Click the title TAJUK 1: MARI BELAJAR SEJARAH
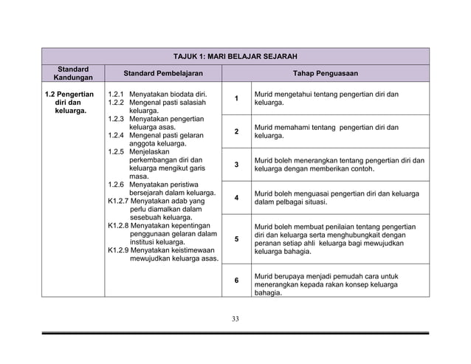pos(234,56)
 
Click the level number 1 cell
pos(236,99)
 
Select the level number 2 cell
pos(236,131)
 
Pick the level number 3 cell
pos(236,165)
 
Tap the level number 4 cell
pos(236,198)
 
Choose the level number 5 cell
pos(236,239)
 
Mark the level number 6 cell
pos(236,281)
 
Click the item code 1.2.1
pos(115,95)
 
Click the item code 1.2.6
pos(115,185)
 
